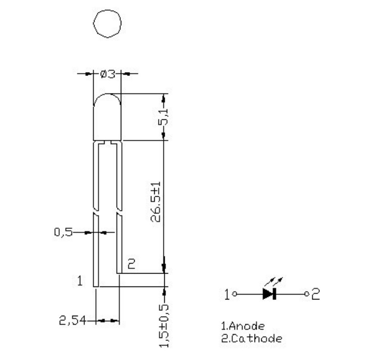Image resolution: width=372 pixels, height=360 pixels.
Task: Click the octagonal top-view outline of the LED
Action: click(107, 22)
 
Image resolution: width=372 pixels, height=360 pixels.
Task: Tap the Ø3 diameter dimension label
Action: click(107, 74)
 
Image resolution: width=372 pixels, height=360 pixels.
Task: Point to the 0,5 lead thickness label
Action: click(64, 233)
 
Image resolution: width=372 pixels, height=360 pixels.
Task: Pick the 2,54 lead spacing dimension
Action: click(72, 321)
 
